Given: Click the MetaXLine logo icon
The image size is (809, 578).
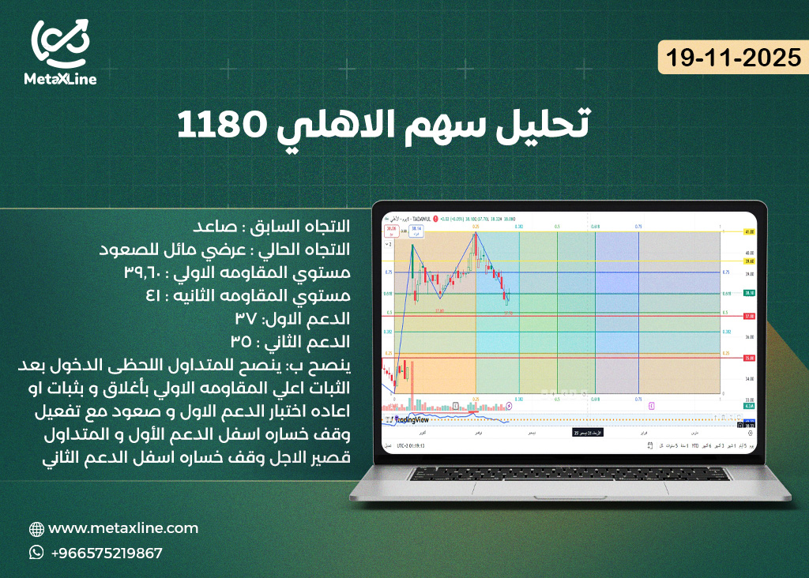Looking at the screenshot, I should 61,44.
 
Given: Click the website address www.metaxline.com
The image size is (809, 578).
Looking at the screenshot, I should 123,528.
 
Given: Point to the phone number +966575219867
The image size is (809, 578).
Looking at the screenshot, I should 107,553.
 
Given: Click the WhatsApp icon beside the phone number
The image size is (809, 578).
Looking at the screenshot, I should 36,553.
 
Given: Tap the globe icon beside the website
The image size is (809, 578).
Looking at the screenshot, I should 36,529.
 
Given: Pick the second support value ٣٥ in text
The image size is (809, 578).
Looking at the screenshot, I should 242,342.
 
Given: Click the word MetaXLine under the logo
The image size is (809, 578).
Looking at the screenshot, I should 60,80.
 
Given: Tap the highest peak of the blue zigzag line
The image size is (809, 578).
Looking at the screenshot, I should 476,233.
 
